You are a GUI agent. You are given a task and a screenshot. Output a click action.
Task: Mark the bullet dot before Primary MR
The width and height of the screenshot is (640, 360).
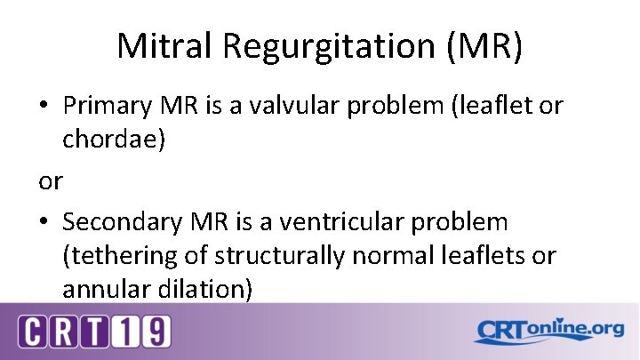coord(43,106)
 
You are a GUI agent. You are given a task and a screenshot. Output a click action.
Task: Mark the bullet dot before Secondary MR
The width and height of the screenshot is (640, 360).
coord(43,221)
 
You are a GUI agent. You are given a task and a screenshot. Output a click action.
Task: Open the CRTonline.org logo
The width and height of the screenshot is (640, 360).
coord(548,332)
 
